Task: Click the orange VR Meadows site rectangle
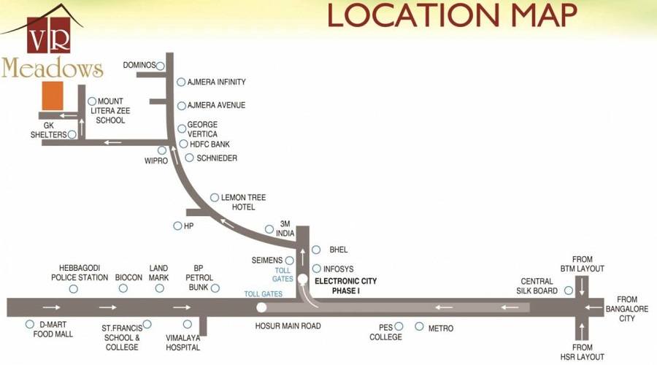[x=53, y=96]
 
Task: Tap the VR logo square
[x=49, y=35]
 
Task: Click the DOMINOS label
[x=139, y=66]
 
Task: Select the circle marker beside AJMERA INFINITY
[x=181, y=82]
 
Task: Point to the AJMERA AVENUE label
[x=216, y=105]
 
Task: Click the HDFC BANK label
[x=210, y=144]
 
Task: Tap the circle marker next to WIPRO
[x=162, y=150]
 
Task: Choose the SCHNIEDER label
[x=217, y=158]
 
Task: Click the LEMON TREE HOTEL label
[x=243, y=202]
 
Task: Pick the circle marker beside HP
[x=177, y=226]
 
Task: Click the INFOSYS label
[x=338, y=269]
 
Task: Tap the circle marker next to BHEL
[x=316, y=250]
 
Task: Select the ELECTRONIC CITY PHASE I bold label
[x=346, y=286]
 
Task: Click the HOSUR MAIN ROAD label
[x=288, y=326]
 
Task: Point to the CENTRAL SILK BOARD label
[x=537, y=286]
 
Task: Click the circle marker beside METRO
[x=419, y=326]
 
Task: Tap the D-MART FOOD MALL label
[x=53, y=329]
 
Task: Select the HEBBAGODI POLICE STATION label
[x=80, y=273]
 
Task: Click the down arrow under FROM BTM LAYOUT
[x=582, y=288]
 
